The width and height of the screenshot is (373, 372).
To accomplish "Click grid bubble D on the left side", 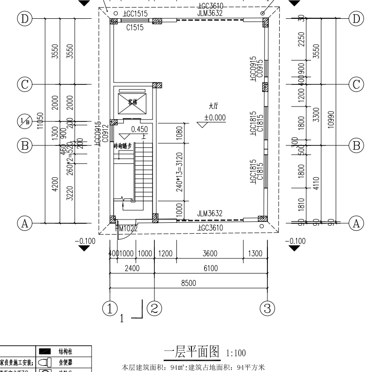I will tap(23, 19).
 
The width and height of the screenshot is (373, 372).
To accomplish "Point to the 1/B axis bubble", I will tap(23, 121).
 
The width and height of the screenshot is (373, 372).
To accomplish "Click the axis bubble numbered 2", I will tap(155, 308).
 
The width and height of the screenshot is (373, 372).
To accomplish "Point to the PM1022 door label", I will tap(127, 228).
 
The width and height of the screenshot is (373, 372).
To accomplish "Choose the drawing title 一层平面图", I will tap(192, 351).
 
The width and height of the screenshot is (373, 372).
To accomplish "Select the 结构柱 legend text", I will tap(65, 351).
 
